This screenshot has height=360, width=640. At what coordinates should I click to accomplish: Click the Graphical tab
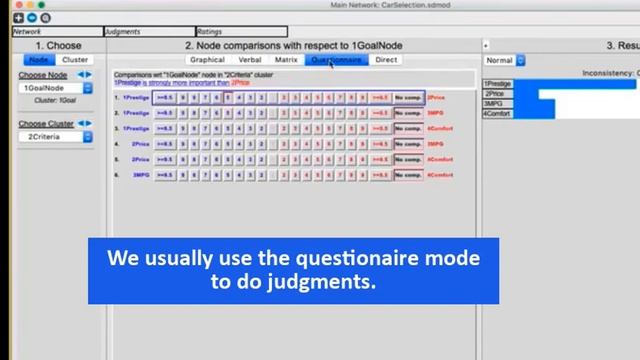(207, 60)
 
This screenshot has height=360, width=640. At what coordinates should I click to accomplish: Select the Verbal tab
(249, 60)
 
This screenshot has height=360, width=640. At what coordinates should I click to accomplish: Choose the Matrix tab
(286, 60)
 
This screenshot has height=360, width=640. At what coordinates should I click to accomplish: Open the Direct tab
(385, 60)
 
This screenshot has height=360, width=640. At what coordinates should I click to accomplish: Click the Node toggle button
(37, 60)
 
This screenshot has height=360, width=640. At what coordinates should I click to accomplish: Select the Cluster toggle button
(75, 60)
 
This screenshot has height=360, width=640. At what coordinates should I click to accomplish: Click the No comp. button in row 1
(408, 98)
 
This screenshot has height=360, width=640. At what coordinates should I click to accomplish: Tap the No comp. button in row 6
(408, 175)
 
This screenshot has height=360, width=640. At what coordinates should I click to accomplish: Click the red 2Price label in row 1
(436, 98)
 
